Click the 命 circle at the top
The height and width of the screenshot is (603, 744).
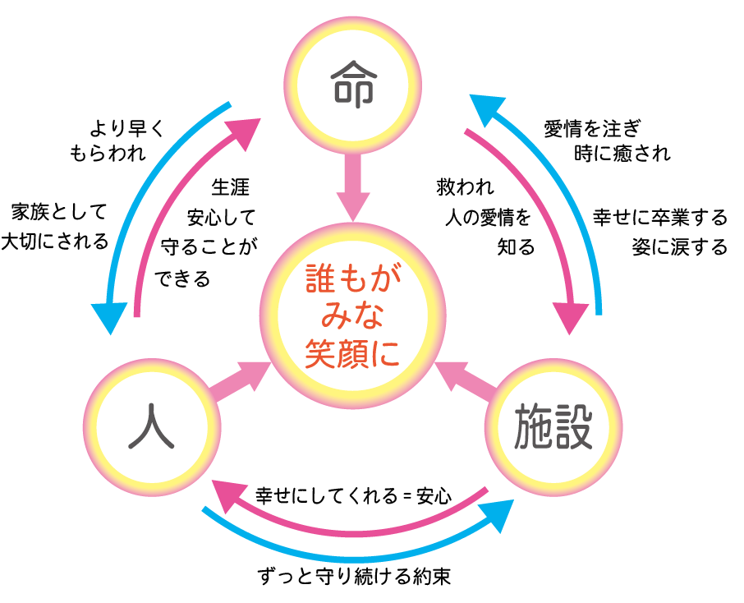point(353,83)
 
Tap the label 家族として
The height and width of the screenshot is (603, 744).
point(58,214)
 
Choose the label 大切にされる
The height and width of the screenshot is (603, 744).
point(55,242)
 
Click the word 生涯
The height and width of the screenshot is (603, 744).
point(230,187)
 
